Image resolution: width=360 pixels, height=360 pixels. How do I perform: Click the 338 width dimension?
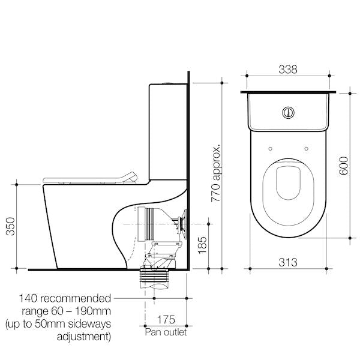coord(288,70)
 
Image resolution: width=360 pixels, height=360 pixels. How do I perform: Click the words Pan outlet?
coord(166,331)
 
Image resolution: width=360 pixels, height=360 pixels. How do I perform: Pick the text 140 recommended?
coord(65,298)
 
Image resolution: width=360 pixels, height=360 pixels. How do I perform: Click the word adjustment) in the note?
coord(83,336)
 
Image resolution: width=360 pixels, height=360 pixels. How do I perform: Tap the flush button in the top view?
coord(289,111)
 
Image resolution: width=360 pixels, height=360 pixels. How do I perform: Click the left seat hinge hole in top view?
coord(271,148)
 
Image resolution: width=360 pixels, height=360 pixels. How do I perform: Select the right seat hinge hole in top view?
coord(306,148)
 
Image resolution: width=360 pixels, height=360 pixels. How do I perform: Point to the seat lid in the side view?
coord(90,178)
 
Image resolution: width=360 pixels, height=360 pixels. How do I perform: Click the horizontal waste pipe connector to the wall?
coord(155,223)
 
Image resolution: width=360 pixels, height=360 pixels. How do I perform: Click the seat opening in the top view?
coord(289,181)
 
